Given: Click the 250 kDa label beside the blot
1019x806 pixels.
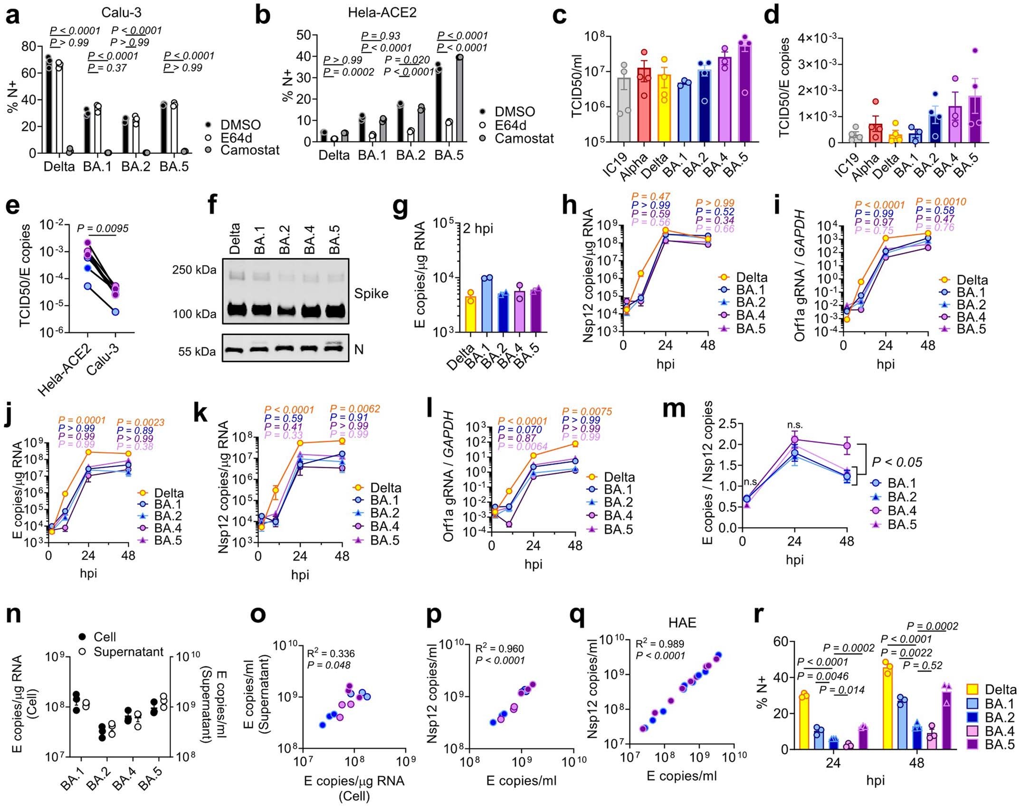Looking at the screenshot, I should click(x=194, y=270).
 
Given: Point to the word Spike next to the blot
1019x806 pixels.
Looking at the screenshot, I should click(x=371, y=294).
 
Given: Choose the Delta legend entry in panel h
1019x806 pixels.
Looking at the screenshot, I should click(x=751, y=277).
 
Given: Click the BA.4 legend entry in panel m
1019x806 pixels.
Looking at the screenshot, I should click(x=901, y=511).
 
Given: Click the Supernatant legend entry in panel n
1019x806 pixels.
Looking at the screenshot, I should click(x=128, y=652).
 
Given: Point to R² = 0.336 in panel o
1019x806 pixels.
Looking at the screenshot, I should click(x=331, y=654).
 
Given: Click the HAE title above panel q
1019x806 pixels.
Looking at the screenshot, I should click(x=682, y=622).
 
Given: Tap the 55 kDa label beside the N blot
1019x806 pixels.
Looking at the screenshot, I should click(x=197, y=351).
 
